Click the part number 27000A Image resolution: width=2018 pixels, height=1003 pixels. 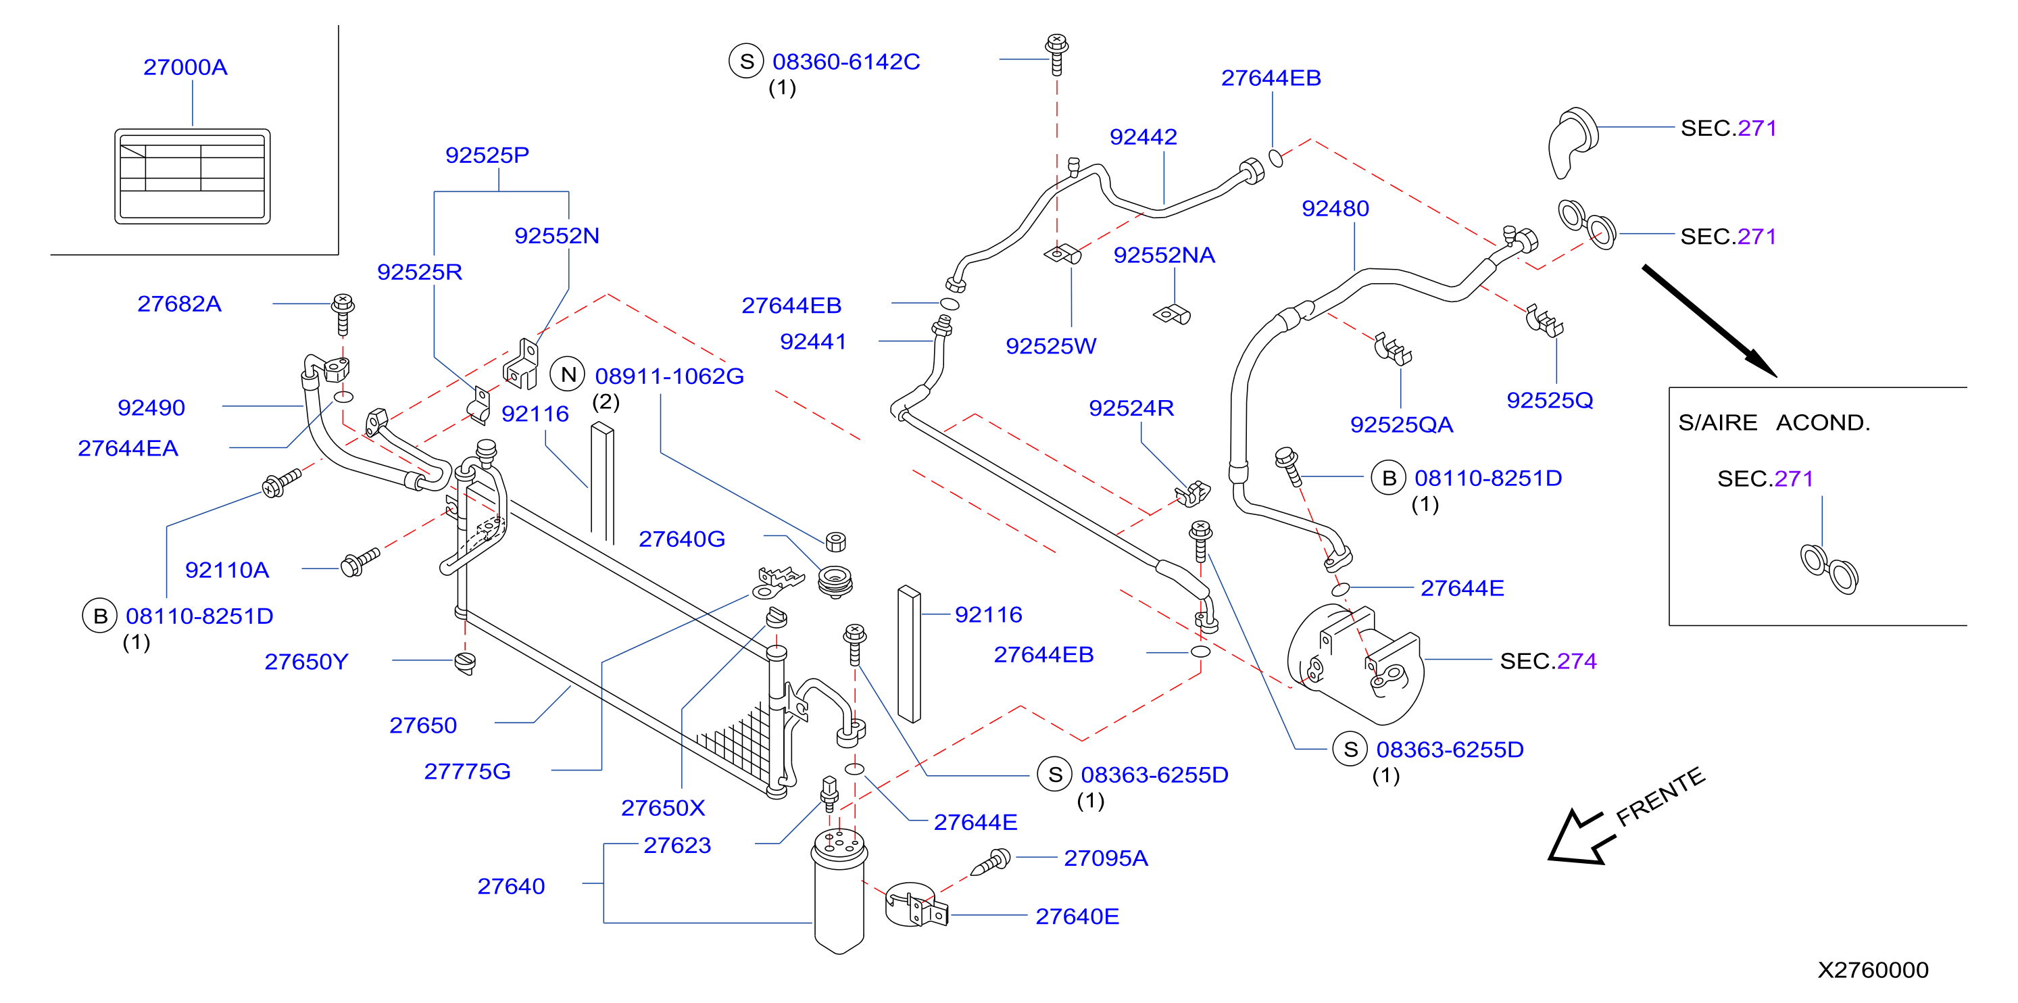click(186, 68)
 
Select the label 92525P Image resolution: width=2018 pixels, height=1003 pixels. click(487, 155)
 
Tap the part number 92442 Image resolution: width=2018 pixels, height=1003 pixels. click(1143, 137)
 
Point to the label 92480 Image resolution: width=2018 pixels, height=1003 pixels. click(1335, 208)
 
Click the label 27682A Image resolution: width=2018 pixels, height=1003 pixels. click(179, 304)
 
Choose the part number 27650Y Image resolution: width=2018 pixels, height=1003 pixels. click(306, 662)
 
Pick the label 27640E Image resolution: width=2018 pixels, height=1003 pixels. click(1077, 916)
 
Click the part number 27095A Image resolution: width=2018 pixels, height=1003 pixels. click(1106, 859)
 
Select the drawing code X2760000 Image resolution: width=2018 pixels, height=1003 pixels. click(1873, 970)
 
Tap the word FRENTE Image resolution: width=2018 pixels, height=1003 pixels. click(1660, 796)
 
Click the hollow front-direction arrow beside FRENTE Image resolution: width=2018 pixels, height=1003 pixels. click(1581, 837)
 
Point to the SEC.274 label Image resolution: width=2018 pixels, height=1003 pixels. click(1548, 662)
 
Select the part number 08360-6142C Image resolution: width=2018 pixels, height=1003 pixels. click(846, 62)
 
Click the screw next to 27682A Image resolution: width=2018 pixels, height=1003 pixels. click(343, 314)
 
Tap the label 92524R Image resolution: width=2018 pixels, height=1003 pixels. click(1131, 408)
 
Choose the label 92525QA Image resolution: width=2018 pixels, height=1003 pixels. click(1402, 424)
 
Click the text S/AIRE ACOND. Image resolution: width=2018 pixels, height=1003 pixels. click(1773, 423)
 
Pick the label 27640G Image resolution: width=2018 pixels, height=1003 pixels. click(681, 539)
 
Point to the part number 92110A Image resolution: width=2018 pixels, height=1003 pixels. click(227, 570)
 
